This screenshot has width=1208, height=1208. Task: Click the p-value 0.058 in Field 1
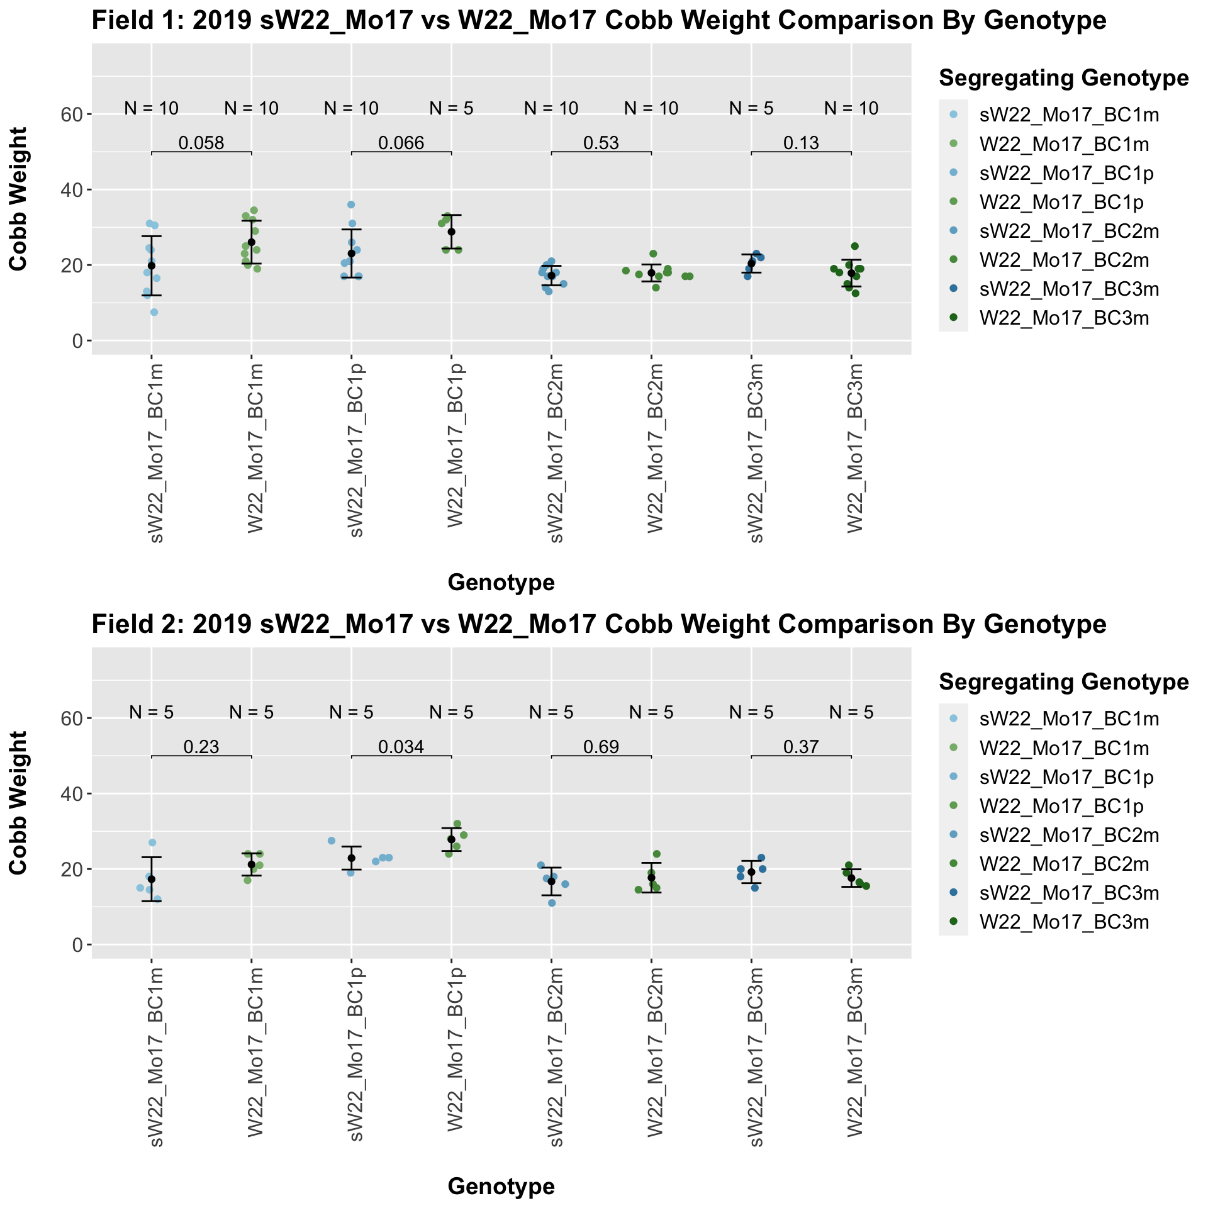coord(201,143)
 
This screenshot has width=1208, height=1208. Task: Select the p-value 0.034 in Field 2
coord(401,747)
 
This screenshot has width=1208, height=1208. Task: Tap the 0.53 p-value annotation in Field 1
coord(601,143)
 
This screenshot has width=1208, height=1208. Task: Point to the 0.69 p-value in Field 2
coord(601,747)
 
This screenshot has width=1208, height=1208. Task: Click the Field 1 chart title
coord(599,21)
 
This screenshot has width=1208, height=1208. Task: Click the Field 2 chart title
coord(599,625)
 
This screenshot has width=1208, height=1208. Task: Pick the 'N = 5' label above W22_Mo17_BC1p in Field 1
coord(451,109)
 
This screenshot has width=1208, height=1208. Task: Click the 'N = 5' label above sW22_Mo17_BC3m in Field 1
coord(751,109)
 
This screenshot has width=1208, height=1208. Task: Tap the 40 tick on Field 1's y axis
coord(77,190)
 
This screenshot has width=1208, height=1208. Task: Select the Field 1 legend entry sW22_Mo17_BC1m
coord(1069,115)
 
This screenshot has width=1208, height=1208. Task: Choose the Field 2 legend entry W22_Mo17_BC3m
coord(1064,922)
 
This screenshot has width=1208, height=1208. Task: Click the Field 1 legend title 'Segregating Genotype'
coord(1063,78)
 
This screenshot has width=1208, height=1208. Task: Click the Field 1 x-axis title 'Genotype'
coord(501,583)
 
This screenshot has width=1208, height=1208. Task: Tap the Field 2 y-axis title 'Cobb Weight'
coord(19,802)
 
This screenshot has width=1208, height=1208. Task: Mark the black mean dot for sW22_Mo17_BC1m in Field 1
coord(152,266)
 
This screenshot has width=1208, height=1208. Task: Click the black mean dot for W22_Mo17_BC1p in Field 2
coord(451,839)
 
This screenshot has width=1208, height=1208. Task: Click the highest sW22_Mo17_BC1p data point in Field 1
coord(351,204)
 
